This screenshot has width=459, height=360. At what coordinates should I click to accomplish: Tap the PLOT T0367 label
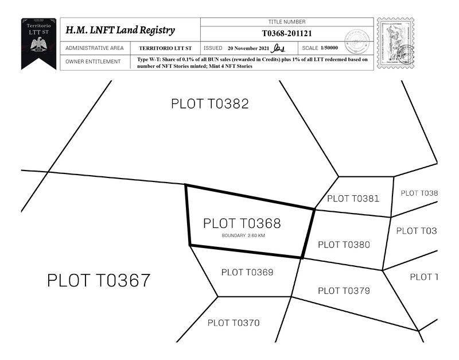click(99, 281)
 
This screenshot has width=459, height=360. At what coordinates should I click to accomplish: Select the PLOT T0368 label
click(242, 223)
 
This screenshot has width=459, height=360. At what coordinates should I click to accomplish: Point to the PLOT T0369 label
click(247, 272)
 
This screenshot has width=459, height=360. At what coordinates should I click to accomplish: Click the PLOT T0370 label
click(234, 323)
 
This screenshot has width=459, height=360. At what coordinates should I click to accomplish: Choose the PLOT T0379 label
click(344, 291)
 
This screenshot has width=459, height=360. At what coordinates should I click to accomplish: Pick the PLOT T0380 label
click(344, 245)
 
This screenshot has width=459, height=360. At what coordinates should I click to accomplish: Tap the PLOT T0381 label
click(353, 199)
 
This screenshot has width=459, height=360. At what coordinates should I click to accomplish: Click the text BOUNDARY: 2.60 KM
click(243, 235)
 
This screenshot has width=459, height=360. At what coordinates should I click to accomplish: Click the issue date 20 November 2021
click(248, 48)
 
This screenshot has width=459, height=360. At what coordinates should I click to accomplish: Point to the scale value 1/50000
click(329, 48)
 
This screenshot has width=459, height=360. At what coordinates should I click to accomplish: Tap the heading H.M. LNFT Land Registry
click(120, 30)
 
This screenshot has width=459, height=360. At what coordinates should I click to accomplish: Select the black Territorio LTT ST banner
click(38, 41)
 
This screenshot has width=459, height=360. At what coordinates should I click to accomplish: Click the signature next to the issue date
click(278, 48)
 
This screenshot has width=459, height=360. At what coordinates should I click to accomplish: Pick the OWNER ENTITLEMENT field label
click(93, 61)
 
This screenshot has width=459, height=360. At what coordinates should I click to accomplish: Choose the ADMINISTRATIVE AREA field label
click(95, 48)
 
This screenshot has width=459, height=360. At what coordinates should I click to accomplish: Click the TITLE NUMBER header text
click(287, 21)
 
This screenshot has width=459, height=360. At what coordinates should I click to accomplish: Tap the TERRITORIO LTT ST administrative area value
click(165, 48)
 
